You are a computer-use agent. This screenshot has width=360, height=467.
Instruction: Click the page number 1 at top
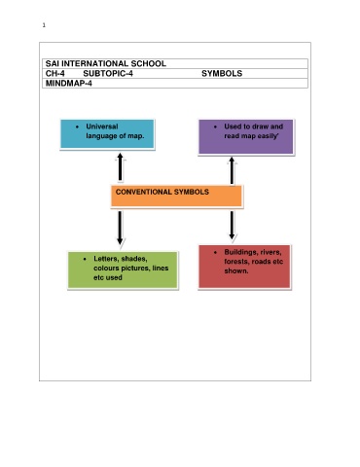(x=44, y=25)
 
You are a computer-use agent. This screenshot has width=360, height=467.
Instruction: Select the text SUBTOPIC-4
(x=108, y=74)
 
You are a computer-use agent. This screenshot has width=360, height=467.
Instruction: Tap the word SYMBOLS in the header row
(x=222, y=74)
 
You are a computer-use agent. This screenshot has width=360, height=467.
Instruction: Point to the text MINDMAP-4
(x=69, y=84)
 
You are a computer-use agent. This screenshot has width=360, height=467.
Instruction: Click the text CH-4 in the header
(x=55, y=74)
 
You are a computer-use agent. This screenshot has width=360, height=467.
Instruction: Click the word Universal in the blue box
(x=102, y=126)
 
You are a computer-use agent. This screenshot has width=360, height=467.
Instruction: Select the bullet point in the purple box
(x=215, y=126)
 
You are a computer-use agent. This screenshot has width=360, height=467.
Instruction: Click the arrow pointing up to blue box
(x=120, y=166)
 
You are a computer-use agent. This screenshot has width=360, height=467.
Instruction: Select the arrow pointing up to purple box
(x=232, y=171)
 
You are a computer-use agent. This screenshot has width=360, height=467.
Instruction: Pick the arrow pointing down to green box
(x=120, y=228)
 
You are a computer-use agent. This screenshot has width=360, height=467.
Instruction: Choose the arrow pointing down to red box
(x=232, y=226)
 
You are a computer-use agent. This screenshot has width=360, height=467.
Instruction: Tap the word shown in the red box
(x=236, y=270)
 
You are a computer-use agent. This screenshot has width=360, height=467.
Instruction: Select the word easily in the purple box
(x=268, y=136)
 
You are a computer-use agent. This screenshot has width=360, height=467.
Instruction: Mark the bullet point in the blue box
(x=77, y=126)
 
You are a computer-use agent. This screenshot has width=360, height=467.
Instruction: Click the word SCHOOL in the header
(x=149, y=63)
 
